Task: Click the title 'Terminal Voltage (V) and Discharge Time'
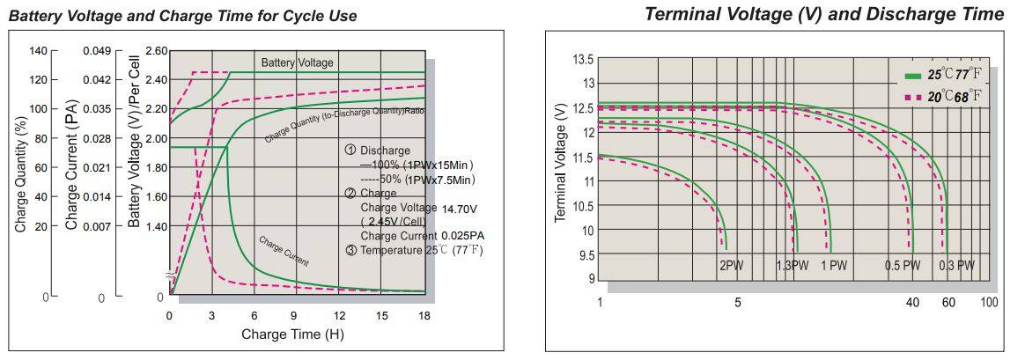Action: tap(823, 14)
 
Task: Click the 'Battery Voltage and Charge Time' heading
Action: tap(182, 17)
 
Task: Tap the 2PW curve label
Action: tap(732, 265)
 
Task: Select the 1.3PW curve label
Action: tap(792, 265)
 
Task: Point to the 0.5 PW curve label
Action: tap(903, 265)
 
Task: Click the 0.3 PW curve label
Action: tap(956, 265)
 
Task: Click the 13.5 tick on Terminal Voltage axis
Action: tap(584, 60)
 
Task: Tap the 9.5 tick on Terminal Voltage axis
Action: tap(585, 255)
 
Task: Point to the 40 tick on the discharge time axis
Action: tap(911, 303)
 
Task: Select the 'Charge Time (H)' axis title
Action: tap(292, 334)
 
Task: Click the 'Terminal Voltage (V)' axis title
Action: tap(560, 162)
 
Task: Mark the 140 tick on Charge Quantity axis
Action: tap(38, 51)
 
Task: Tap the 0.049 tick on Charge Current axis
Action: tap(97, 51)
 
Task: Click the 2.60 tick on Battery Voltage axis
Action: tap(155, 51)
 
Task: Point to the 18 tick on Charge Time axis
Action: tap(424, 315)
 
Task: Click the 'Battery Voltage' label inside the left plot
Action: tap(297, 62)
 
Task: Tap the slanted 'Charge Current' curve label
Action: tap(284, 250)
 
